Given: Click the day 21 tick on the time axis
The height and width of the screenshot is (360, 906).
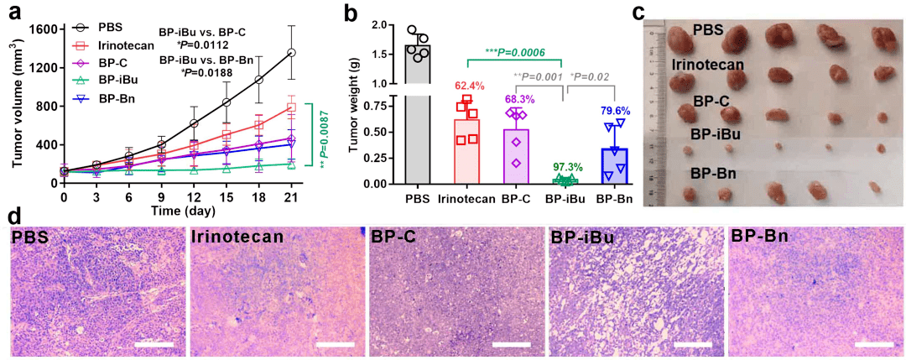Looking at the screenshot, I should [x=291, y=198].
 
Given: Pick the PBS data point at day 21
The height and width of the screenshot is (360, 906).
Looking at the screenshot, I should [x=291, y=53].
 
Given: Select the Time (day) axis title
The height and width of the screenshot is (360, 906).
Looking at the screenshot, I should [x=177, y=211].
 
